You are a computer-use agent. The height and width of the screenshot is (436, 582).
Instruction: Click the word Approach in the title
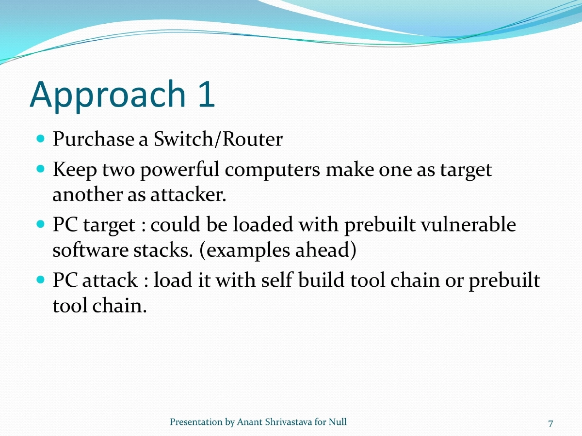click(x=104, y=95)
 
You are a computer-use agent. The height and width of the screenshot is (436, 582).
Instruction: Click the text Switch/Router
click(x=218, y=140)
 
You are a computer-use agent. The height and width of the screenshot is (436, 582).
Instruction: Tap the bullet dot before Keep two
click(x=41, y=171)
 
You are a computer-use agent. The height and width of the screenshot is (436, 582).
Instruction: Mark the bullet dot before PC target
click(x=41, y=225)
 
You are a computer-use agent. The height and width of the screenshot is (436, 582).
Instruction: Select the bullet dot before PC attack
click(x=41, y=280)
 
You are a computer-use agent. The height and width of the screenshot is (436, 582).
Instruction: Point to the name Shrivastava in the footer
click(x=288, y=422)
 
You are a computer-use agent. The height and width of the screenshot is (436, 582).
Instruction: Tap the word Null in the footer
click(x=338, y=422)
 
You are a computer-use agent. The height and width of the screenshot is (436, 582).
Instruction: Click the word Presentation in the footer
click(x=196, y=422)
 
